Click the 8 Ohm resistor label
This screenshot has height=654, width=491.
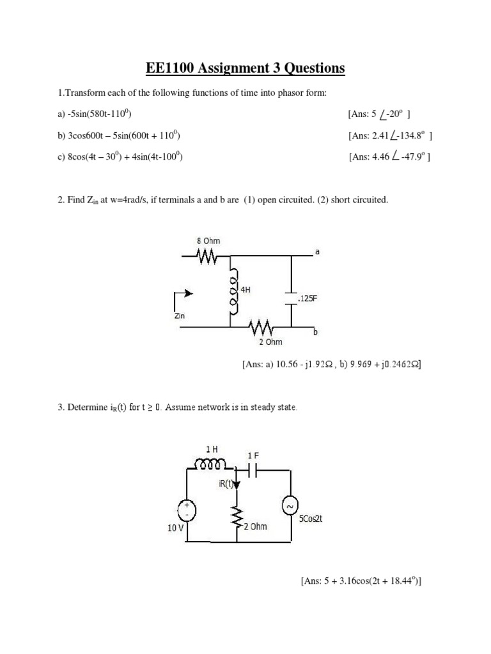point(208,241)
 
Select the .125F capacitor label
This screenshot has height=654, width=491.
point(306,298)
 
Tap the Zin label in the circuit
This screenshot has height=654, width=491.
point(179,316)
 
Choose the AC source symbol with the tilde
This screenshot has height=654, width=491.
point(290,506)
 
